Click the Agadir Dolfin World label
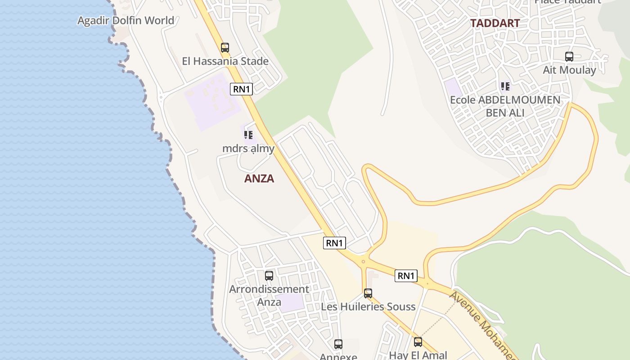coord(126,21)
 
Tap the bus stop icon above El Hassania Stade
coord(225,47)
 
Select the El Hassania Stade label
coord(225,61)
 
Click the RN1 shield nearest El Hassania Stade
coord(242,89)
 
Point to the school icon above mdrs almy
coord(248,135)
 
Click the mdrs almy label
coord(248,148)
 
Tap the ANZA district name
coord(259,179)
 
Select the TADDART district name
coord(495,23)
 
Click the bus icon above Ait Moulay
coord(569,57)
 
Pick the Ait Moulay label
coord(569,70)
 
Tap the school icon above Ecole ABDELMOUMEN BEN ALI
coord(505,86)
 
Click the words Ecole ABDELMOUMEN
coord(505,100)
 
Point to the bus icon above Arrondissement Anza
coord(269,275)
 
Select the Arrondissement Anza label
coord(269,295)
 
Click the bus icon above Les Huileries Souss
coord(368,293)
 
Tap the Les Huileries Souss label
coord(368,307)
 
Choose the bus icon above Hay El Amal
coord(418,342)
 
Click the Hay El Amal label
coord(418,355)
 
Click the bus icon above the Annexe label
coord(338,344)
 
